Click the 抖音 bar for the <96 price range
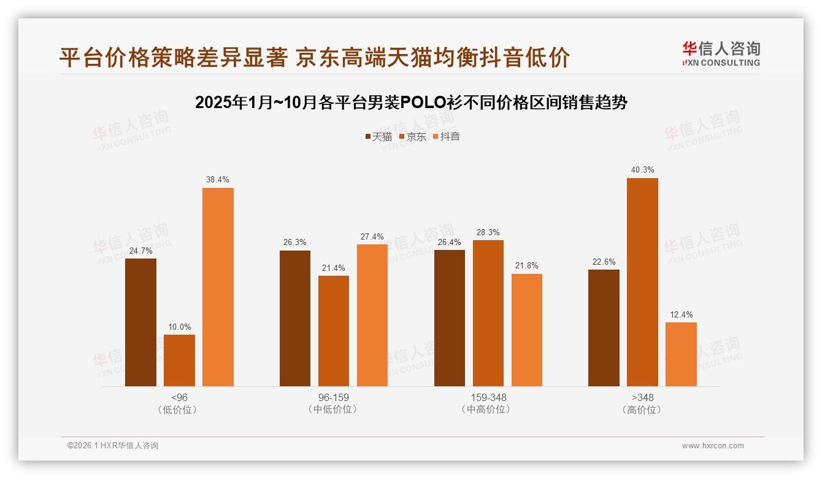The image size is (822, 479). tap(218, 287)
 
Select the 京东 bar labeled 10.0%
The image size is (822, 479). tap(179, 360)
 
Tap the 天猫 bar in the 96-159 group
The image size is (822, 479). tap(295, 318)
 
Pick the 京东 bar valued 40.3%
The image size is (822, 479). tap(642, 282)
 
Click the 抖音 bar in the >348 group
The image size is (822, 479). tap(681, 354)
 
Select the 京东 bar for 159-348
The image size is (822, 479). tap(488, 313)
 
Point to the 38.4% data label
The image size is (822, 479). tap(218, 180)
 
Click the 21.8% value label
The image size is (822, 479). tap(527, 266)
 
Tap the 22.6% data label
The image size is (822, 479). tap(604, 262)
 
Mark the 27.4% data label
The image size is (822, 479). tap(372, 237)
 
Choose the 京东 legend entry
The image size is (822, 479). tap(412, 137)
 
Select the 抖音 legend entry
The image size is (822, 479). tap(446, 137)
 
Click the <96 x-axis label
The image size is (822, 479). tap(179, 397)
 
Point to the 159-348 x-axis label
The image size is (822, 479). tap(488, 397)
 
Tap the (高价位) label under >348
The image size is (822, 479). tap(642, 410)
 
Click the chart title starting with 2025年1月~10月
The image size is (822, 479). tap(411, 103)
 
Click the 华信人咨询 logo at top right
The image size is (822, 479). tap(721, 53)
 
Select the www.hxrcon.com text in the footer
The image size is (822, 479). tap(713, 446)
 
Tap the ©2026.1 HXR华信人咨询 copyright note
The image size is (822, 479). tap(113, 446)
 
